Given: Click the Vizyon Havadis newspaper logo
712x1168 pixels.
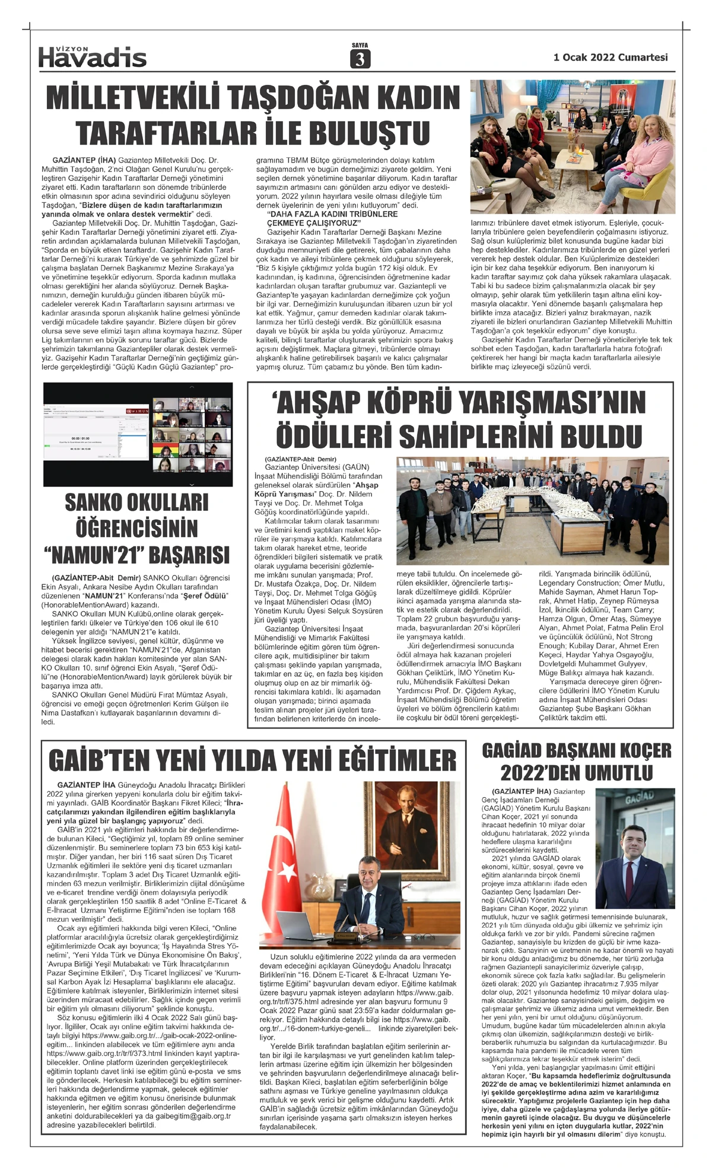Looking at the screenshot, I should [x=93, y=56].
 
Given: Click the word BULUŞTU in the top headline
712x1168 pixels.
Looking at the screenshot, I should [x=371, y=132].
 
